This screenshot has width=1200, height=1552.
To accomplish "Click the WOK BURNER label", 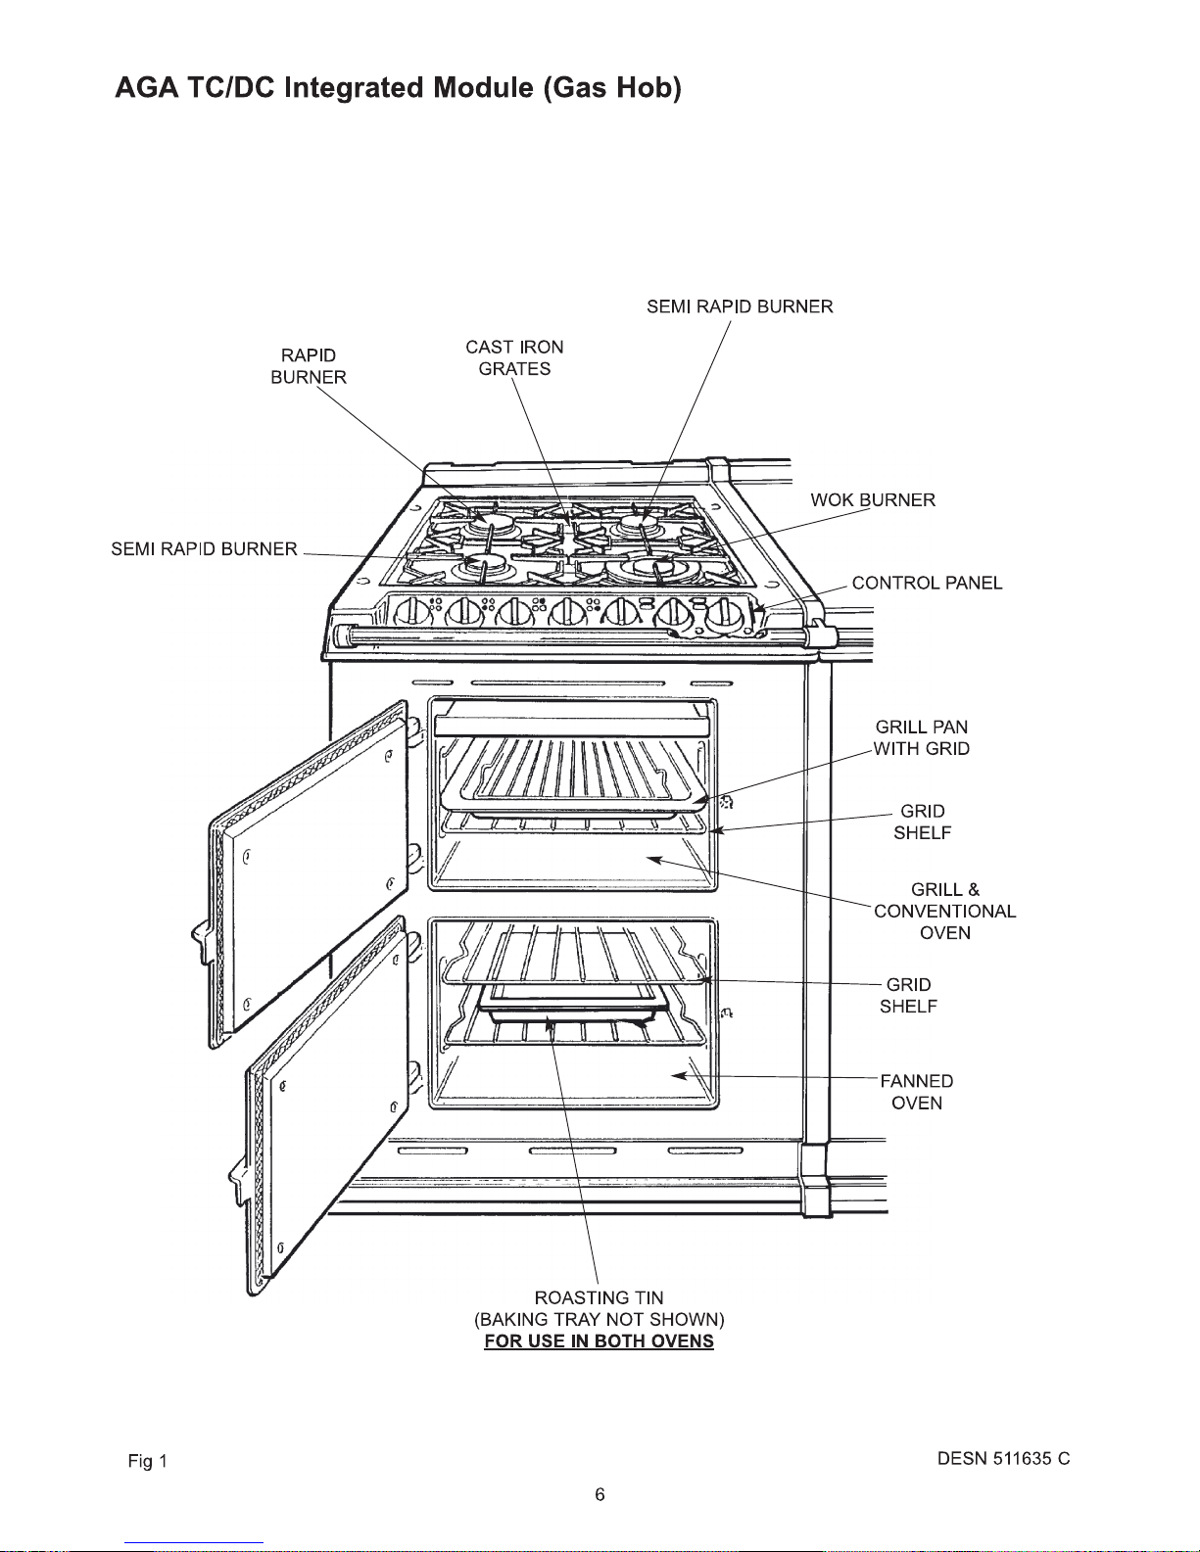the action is (872, 500).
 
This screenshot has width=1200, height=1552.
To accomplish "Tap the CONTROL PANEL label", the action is (927, 584).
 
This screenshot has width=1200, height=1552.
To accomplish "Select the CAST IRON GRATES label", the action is (514, 357).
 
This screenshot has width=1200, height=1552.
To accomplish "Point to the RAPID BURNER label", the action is (309, 366).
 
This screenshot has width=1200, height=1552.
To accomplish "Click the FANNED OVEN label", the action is (917, 1092).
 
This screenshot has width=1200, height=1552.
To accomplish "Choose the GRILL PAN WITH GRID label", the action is (922, 738).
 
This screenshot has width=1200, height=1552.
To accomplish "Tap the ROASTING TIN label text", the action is (599, 1298).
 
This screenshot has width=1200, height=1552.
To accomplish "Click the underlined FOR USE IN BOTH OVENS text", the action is (599, 1341).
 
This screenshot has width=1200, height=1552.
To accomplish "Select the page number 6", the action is (600, 1494).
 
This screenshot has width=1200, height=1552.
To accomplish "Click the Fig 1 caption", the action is (148, 1462).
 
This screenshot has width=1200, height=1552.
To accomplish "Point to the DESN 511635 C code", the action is (1003, 1459).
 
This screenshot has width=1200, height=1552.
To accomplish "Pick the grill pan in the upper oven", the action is (578, 778).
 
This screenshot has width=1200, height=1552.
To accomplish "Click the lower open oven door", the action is (328, 1106).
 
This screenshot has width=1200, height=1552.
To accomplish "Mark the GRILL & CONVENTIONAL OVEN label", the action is (944, 912).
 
